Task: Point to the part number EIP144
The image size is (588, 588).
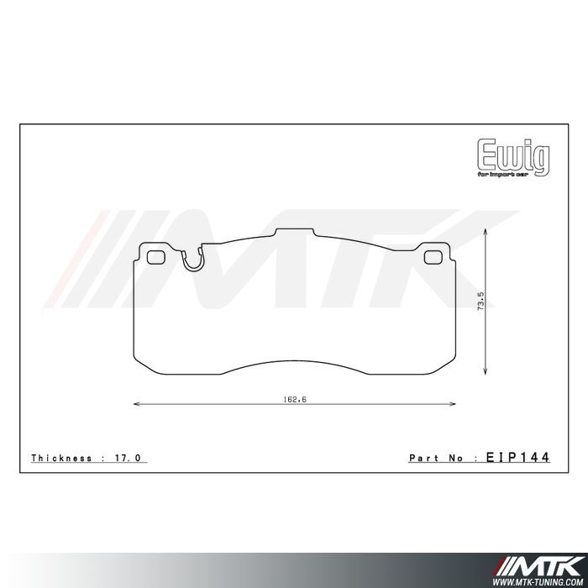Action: [x=517, y=458]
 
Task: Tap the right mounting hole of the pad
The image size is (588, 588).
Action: [x=433, y=258]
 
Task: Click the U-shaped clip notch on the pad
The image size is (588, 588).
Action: [x=192, y=261]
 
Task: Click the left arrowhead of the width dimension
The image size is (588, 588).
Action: [x=137, y=404]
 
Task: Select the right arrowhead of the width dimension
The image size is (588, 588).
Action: [x=454, y=404]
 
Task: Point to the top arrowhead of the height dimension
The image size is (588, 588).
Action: [x=487, y=230]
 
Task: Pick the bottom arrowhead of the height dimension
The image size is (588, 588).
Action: [x=487, y=373]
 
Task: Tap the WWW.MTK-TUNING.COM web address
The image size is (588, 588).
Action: [x=543, y=580]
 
